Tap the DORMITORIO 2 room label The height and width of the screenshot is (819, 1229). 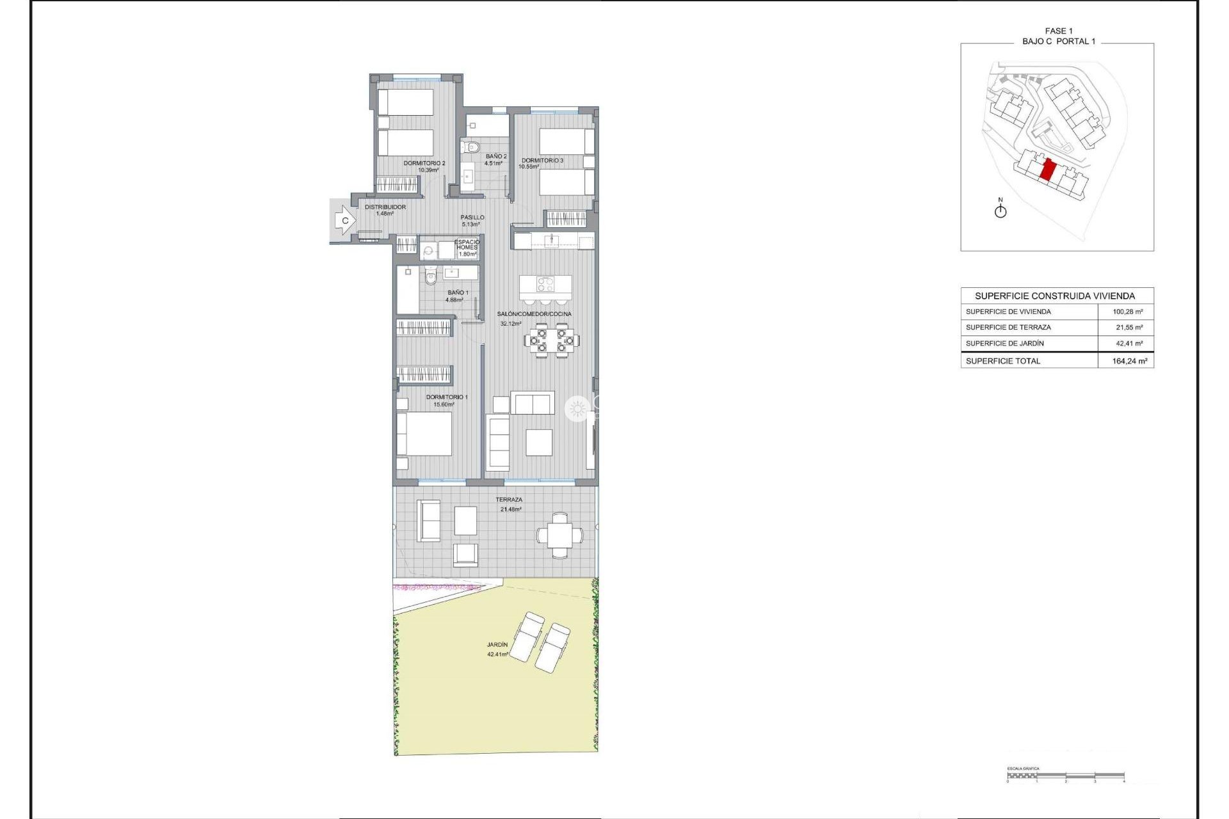[x=424, y=166]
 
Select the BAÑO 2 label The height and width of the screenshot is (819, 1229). [x=495, y=159]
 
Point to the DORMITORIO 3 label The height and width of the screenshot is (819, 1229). [x=542, y=163]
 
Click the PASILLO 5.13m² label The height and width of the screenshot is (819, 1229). [x=472, y=221]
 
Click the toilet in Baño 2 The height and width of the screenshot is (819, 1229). [x=472, y=147]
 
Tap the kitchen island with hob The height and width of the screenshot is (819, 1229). [x=545, y=284]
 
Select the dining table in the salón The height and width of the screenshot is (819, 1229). [x=552, y=340]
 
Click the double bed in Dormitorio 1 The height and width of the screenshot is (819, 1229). [x=424, y=434]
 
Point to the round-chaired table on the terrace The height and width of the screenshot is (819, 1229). [x=560, y=535]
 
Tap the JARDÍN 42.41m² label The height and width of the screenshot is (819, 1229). [x=497, y=649]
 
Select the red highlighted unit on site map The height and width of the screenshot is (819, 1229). [x=1048, y=170]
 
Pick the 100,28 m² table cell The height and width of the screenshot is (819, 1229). [x=1127, y=312]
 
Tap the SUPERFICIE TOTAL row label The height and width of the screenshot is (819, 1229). [x=1003, y=361]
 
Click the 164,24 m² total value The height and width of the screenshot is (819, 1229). [x=1129, y=361]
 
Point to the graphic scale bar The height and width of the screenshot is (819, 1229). [x=1065, y=776]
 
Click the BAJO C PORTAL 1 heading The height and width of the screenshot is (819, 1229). [x=1059, y=41]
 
